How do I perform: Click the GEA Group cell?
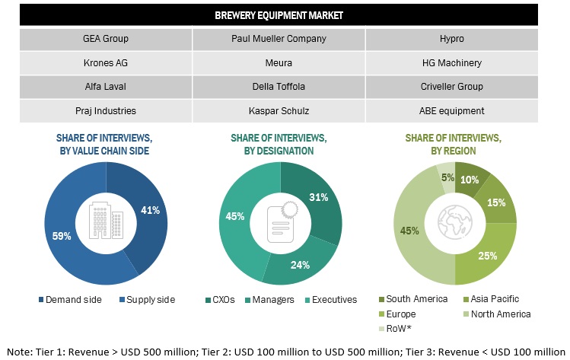[105, 38]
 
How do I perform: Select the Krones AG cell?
[105, 62]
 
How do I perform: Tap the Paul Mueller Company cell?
[279, 38]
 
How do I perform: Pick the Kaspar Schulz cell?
[279, 110]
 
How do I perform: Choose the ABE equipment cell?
[451, 110]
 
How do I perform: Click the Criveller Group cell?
[451, 87]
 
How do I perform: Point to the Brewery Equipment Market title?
[279, 14]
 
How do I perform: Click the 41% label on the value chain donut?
[151, 209]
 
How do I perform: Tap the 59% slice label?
[61, 236]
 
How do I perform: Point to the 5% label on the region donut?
[447, 178]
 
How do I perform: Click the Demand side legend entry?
[72, 299]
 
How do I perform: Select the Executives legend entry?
[333, 299]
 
